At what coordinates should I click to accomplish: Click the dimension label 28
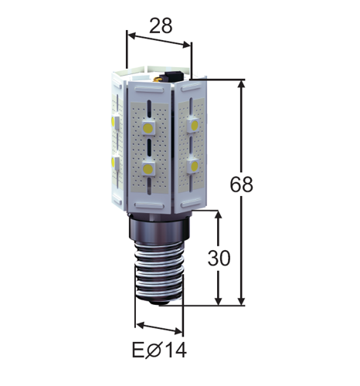coord(161,25)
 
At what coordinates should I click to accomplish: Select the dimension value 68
coord(241,185)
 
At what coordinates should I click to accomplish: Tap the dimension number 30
coord(219,258)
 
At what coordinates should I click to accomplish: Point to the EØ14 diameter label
coord(159,350)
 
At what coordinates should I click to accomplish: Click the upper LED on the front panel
coord(148,127)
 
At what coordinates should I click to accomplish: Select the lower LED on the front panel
coord(148,168)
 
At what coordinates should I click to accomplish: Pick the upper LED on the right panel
coord(194,125)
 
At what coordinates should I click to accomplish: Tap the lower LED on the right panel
coord(194,166)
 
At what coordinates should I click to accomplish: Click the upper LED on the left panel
coord(115,121)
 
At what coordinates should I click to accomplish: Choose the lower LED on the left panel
coord(115,162)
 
